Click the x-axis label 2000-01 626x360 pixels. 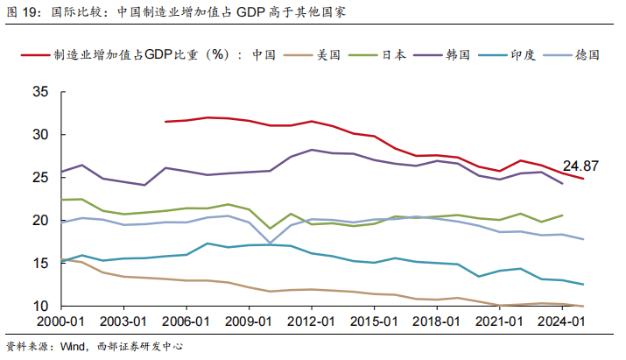[x=62, y=322]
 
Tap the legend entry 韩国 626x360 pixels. [x=457, y=54]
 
